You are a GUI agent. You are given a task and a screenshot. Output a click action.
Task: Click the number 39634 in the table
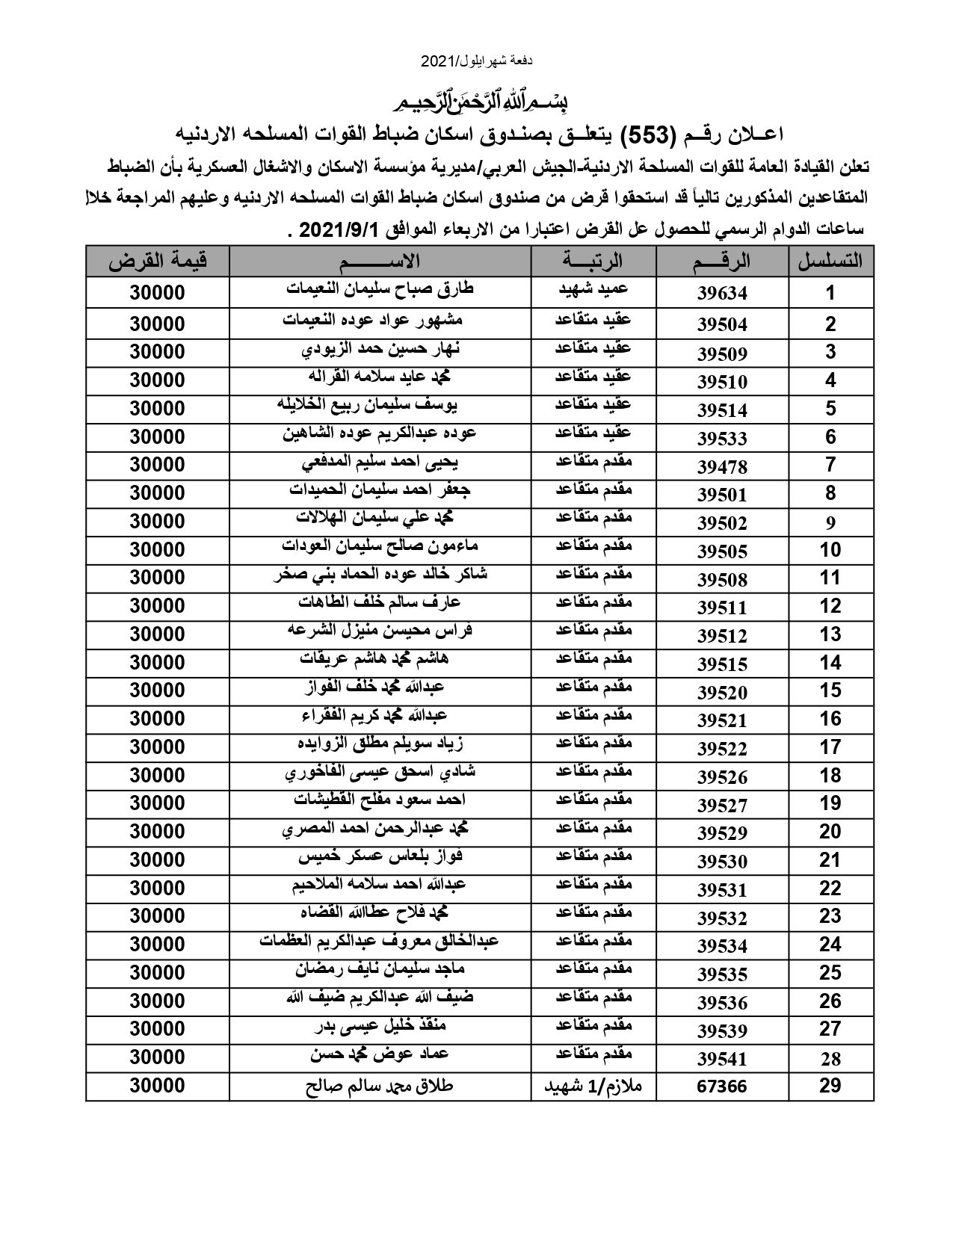[x=722, y=293]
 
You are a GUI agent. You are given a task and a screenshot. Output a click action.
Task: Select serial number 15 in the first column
[x=830, y=690]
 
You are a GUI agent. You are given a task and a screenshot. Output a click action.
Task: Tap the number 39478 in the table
[x=722, y=466]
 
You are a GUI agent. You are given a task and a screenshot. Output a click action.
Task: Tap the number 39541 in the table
[x=722, y=1058]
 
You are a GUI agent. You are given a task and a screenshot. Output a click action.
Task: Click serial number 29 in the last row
[x=830, y=1087]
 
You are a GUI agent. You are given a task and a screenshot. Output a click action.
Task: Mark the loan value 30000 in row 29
[x=157, y=1087]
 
